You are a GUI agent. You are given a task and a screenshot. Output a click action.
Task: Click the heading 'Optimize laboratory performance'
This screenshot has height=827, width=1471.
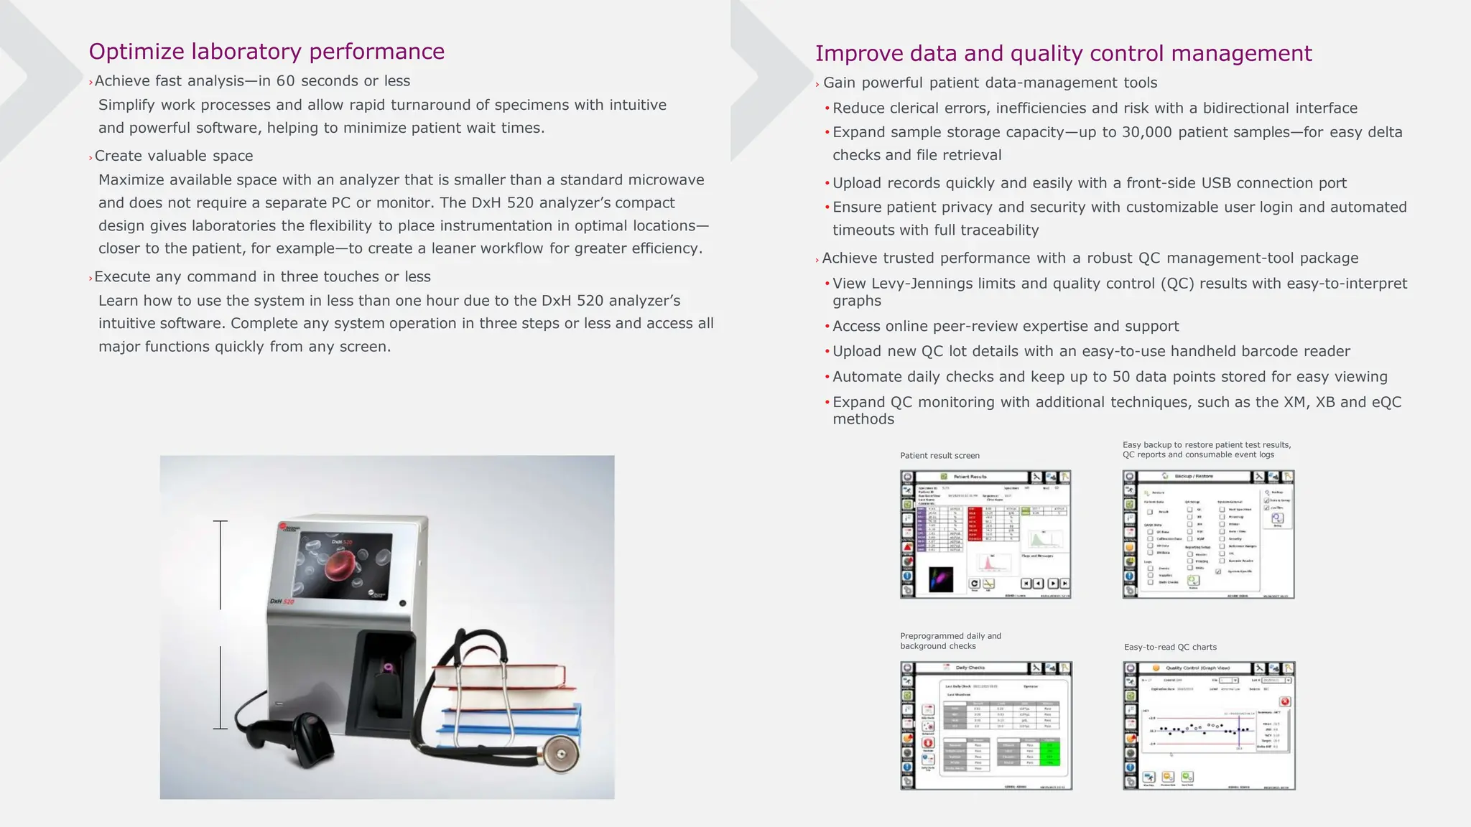266,52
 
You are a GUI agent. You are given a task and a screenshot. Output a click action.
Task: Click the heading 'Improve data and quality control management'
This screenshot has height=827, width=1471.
1063,54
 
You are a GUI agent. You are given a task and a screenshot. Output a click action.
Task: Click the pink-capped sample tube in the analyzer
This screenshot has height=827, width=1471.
389,668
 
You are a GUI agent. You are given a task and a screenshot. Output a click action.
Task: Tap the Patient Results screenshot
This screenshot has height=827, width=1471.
985,534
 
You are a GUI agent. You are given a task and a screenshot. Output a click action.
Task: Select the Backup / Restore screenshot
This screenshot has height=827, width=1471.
1208,534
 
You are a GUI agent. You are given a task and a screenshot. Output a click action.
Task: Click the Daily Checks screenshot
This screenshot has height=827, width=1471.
985,726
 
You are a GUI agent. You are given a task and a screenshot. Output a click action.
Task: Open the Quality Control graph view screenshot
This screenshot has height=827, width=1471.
1208,726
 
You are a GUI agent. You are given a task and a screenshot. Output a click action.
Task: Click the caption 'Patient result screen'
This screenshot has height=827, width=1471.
939,456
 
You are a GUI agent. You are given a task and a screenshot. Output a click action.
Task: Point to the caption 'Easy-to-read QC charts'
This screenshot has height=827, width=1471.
1170,648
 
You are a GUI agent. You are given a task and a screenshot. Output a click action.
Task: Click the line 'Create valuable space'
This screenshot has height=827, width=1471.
174,156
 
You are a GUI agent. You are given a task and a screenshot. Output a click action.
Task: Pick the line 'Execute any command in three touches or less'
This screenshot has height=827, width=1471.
262,277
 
